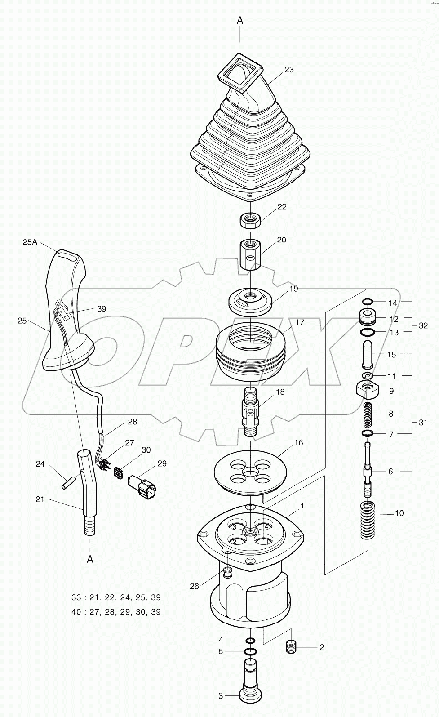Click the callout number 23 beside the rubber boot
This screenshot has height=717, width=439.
click(289, 70)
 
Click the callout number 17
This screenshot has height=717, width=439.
click(300, 322)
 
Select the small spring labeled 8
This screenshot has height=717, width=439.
click(368, 414)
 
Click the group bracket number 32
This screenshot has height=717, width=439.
click(423, 325)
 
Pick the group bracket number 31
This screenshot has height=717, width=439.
click(423, 423)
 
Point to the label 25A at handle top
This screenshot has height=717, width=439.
click(30, 242)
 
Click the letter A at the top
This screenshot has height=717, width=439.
click(240, 21)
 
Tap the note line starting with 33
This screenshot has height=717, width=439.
click(116, 597)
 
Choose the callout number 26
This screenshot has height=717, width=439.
click(194, 586)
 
